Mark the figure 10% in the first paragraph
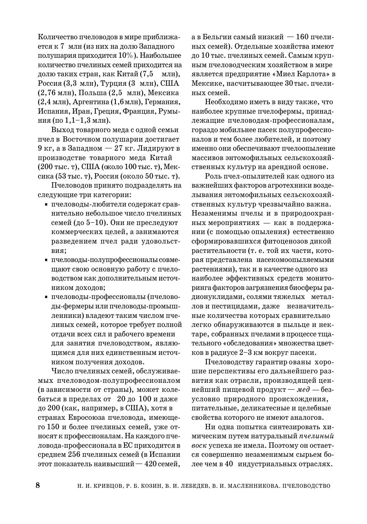(125, 55)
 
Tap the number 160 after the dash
(303, 37)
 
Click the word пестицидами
(235, 306)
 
